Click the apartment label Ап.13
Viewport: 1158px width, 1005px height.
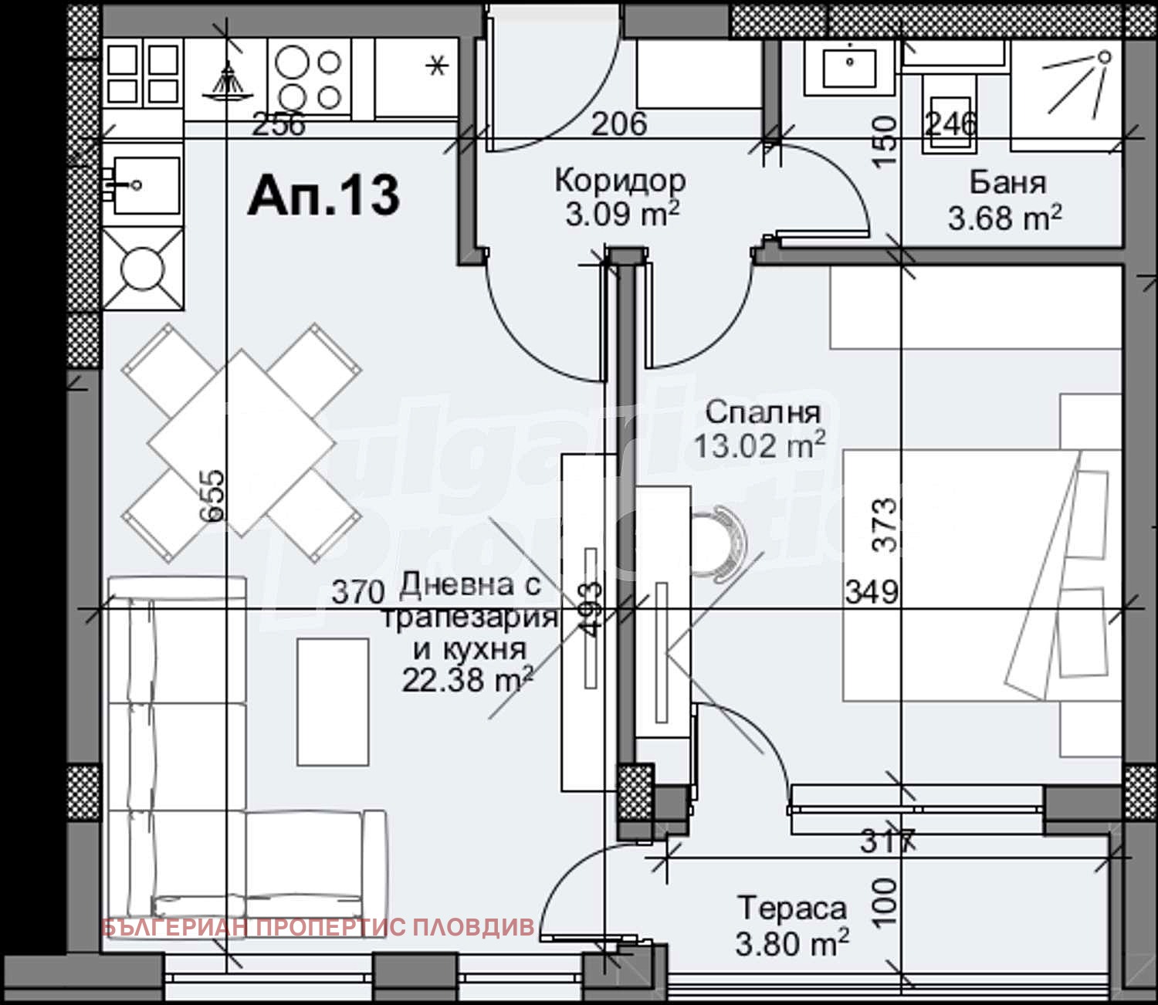323,194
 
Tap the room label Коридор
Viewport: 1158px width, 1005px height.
620,181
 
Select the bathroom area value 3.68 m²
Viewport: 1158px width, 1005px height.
1004,218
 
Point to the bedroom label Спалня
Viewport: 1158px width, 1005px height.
762,412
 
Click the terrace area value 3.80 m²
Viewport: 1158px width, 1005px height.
792,942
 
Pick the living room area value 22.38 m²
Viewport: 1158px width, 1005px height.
467,680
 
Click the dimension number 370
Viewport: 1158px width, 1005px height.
358,592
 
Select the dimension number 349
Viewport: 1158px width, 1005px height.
872,592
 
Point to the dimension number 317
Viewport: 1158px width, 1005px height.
888,841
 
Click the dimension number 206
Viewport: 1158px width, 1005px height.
619,124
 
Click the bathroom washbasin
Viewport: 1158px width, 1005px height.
849,66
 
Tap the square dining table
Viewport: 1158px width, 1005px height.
242,442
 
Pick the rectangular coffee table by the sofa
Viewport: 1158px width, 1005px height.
333,702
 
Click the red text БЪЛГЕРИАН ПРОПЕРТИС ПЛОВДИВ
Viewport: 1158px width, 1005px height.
317,927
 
